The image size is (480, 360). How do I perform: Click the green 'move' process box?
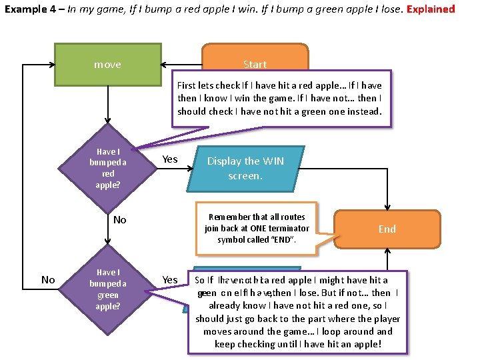coord(107,65)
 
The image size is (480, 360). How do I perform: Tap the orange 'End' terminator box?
coord(387,229)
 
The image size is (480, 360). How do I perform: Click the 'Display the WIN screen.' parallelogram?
coord(245,168)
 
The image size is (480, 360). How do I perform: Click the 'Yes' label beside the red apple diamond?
coord(170,159)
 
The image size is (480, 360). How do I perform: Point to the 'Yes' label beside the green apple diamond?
coord(170,280)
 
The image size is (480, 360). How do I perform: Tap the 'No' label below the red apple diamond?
coord(120,220)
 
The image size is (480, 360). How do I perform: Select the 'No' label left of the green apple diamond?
coord(48,280)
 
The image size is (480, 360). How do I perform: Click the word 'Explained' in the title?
coord(431,9)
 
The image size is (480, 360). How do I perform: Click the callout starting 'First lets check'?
coord(280,98)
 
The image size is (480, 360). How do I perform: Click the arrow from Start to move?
coord(181,65)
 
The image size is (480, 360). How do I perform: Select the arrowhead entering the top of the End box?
coord(387,207)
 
